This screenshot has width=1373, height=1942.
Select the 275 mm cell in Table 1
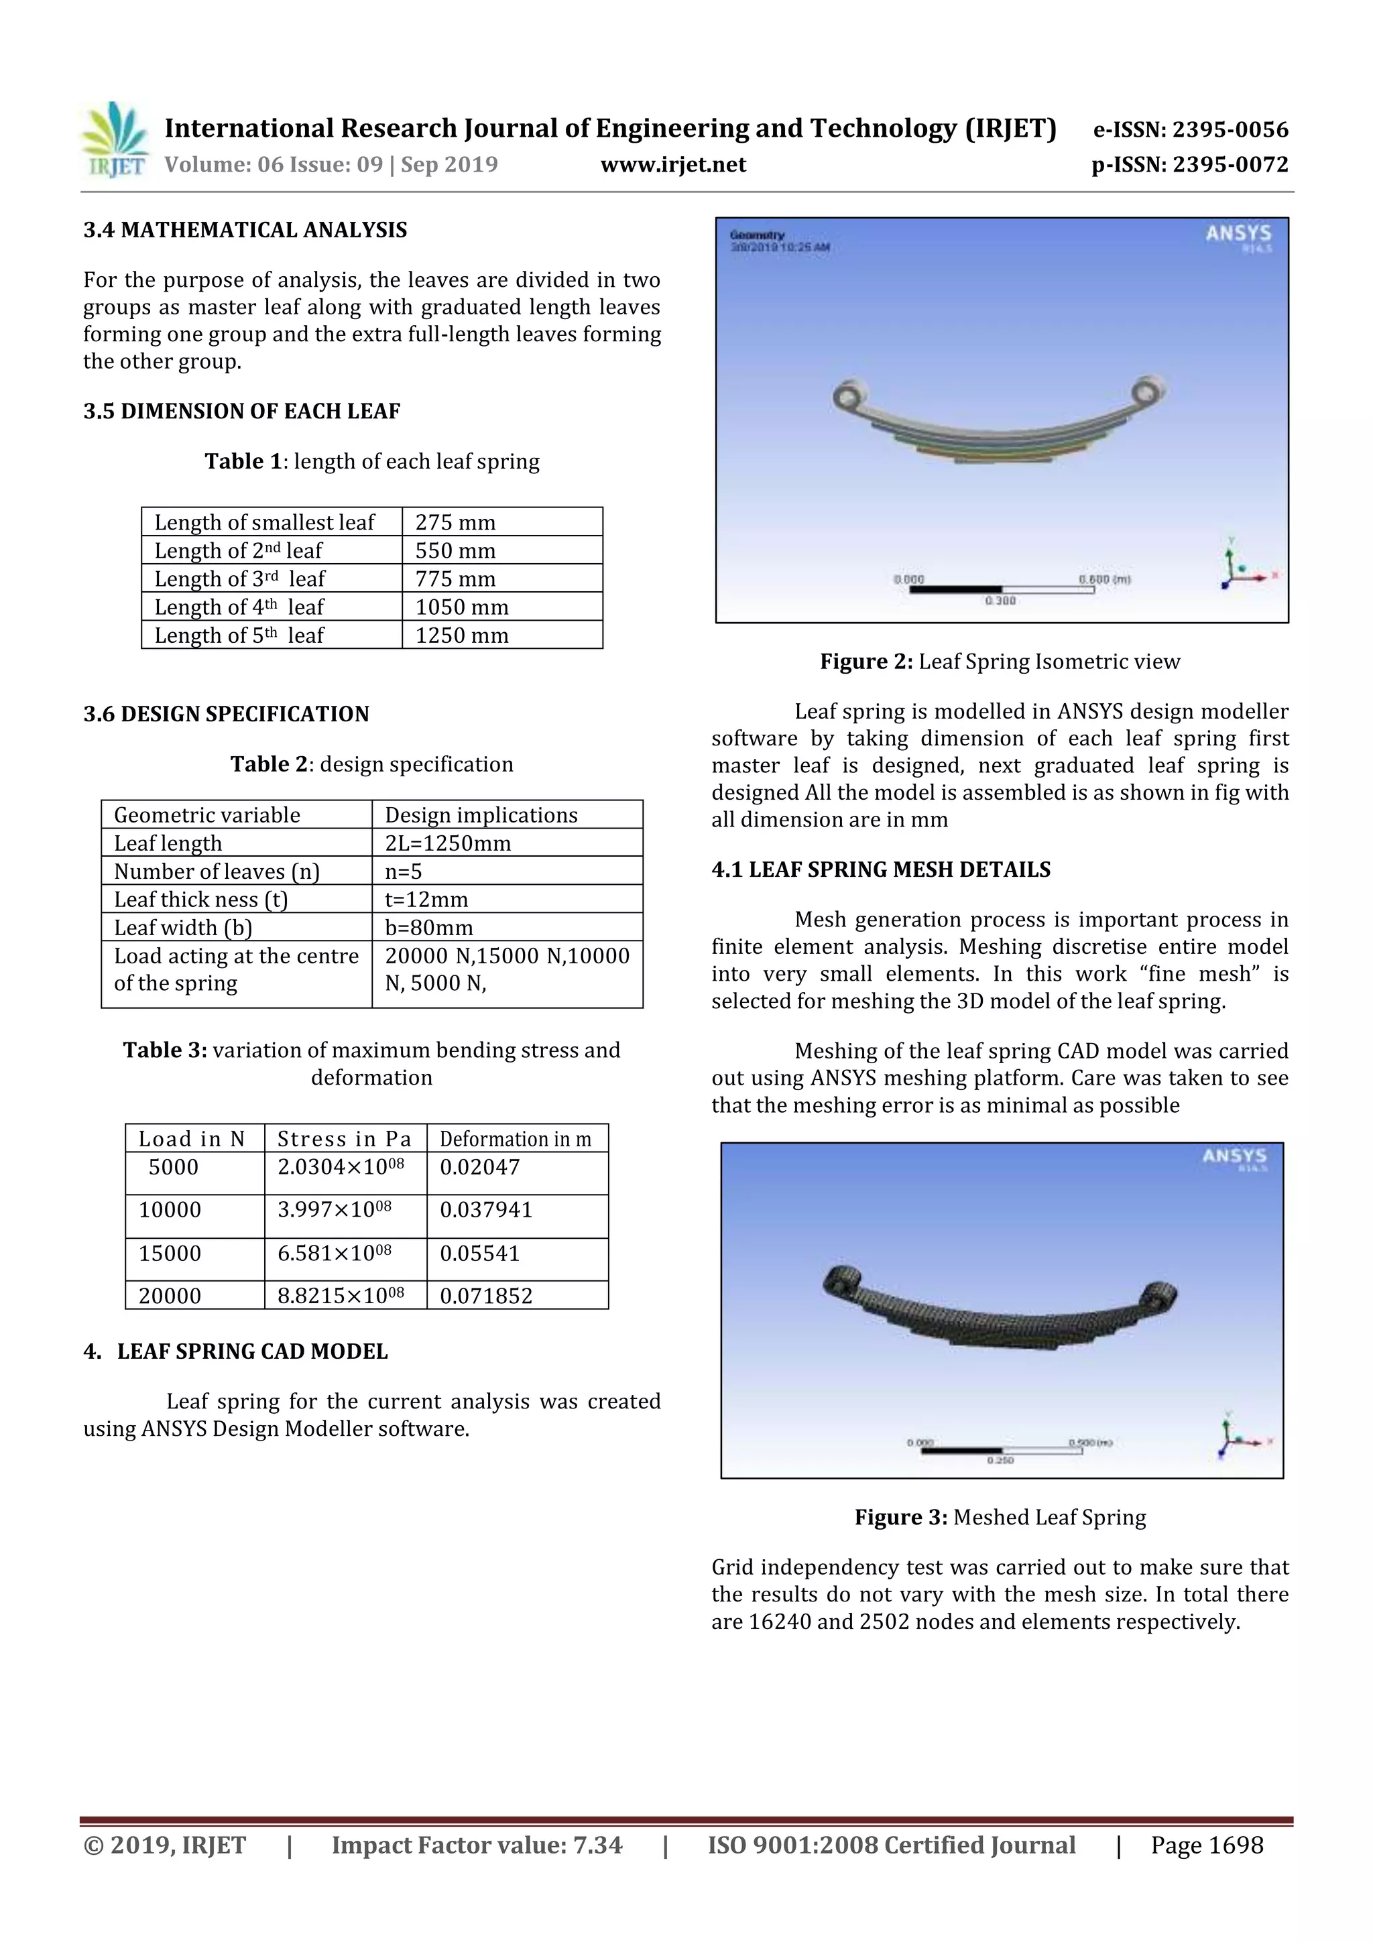[x=455, y=523]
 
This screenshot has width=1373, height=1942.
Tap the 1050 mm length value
[x=462, y=607]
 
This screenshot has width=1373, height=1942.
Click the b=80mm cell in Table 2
[x=429, y=928]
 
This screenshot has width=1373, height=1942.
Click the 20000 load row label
[x=170, y=1296]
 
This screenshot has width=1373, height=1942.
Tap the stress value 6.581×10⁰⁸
[x=334, y=1254]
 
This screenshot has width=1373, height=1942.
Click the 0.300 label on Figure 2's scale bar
[x=1000, y=601]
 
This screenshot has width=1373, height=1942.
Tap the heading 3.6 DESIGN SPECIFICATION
[x=226, y=715]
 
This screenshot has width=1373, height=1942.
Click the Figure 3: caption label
[x=900, y=1518]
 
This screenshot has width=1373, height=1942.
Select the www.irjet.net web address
[x=673, y=165]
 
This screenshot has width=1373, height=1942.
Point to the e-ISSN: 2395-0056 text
[x=1190, y=130]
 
